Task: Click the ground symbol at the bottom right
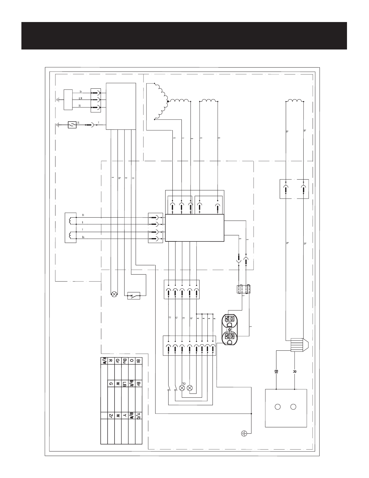click(x=244, y=434)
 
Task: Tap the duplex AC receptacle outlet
click(x=229, y=329)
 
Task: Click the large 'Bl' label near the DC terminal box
click(x=277, y=371)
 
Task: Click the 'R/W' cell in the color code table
click(x=104, y=361)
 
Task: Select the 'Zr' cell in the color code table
click(x=111, y=416)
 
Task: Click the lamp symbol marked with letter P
click(x=182, y=387)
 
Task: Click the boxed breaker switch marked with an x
click(x=134, y=296)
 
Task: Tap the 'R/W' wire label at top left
click(x=81, y=98)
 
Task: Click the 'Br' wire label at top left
click(x=81, y=91)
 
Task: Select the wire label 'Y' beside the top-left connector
click(x=99, y=123)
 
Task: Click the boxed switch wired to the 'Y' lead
click(x=72, y=125)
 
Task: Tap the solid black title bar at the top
click(x=184, y=36)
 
